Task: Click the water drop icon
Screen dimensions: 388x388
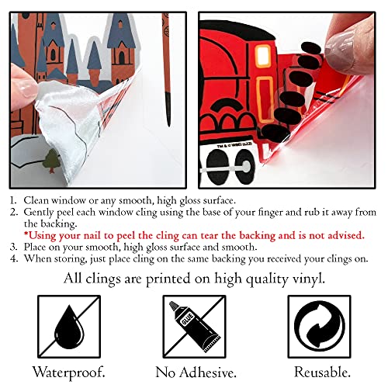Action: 69,327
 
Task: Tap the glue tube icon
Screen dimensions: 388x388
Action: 194,327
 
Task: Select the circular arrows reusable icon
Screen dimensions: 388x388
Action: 320,327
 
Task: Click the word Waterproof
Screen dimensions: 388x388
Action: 69,372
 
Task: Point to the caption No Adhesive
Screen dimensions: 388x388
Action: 196,372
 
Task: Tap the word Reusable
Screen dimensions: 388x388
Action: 322,372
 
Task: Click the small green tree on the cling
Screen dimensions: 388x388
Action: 52,161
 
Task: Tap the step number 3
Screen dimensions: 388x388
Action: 13,248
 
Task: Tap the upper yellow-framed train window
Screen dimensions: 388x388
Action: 263,57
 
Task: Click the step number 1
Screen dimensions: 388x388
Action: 13,201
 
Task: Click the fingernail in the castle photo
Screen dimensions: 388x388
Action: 28,88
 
